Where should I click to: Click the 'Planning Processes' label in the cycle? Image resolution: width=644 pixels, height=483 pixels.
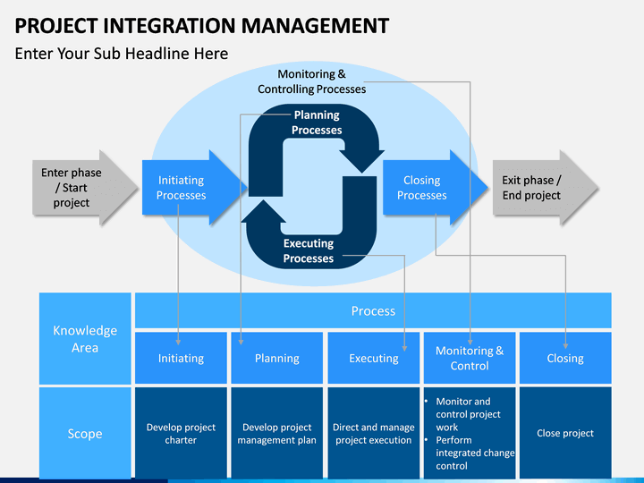[x=317, y=123]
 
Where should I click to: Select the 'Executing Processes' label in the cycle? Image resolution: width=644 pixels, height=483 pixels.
[x=309, y=250]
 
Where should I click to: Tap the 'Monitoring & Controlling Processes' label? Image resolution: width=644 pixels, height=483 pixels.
[x=312, y=81]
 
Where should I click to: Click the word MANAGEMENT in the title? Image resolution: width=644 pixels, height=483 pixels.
[x=315, y=25]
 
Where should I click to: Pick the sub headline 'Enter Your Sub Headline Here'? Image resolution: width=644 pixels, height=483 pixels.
[x=122, y=54]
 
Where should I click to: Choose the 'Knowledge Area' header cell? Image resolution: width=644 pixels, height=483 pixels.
[x=85, y=338]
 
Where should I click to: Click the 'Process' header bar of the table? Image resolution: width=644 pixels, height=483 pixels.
[x=373, y=310]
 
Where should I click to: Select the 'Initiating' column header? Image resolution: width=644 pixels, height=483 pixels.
[x=181, y=358]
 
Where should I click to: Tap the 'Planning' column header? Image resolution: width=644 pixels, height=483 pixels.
[x=276, y=358]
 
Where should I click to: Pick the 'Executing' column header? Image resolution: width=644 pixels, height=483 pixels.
[x=373, y=358]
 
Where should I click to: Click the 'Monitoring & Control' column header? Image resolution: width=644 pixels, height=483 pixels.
[x=470, y=358]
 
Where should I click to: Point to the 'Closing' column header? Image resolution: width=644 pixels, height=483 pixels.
[x=565, y=358]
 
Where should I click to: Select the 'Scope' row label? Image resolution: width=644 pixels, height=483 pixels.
[x=85, y=433]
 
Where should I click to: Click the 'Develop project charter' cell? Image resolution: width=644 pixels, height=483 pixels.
[x=181, y=433]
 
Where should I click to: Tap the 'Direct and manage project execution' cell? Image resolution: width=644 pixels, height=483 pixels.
[x=373, y=433]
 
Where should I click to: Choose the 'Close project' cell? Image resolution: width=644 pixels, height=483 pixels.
[x=565, y=433]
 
